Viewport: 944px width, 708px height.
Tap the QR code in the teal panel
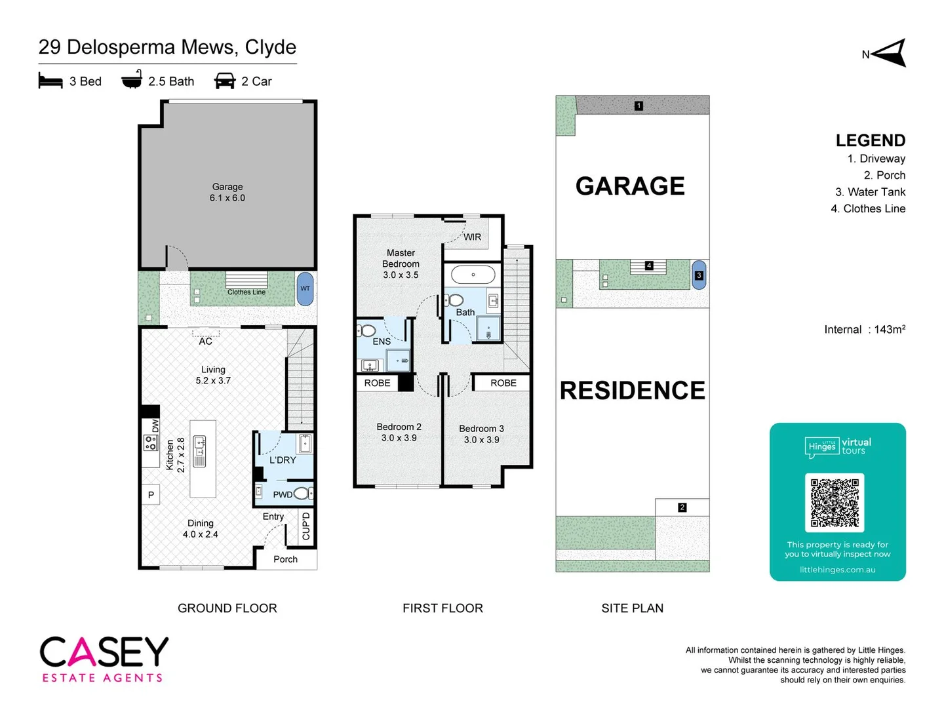click(835, 503)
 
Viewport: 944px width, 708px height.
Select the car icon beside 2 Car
click(225, 81)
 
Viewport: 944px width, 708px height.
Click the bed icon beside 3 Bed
click(50, 81)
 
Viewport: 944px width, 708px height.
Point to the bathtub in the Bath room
click(473, 275)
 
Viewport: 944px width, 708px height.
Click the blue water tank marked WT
click(305, 288)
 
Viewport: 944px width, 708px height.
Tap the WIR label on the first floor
click(472, 237)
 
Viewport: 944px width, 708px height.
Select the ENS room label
click(382, 342)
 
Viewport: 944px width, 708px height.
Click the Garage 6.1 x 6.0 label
click(227, 192)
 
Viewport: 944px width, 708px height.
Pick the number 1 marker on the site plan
click(639, 106)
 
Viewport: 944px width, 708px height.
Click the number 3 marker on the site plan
click(699, 275)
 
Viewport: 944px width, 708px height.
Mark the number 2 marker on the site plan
click(682, 507)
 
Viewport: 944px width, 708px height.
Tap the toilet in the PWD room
click(302, 494)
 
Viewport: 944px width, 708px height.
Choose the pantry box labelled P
click(151, 495)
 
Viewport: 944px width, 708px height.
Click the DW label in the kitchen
click(155, 426)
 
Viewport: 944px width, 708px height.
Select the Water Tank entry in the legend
click(870, 192)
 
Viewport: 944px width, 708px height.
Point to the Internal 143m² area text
click(865, 329)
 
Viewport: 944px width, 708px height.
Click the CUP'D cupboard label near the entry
click(306, 526)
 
